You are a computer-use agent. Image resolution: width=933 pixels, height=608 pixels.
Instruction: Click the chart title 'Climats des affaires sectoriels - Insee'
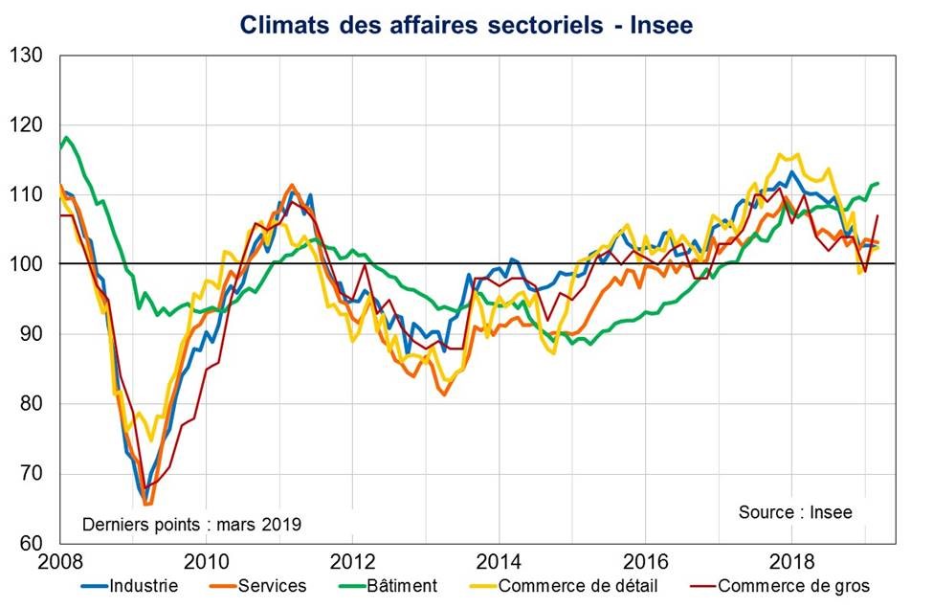click(466, 25)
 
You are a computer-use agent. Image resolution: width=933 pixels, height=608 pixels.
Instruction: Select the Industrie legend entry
click(144, 585)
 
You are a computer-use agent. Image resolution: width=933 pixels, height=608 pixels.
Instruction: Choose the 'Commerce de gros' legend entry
click(793, 585)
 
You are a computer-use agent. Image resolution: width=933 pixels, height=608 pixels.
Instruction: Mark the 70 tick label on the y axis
click(33, 474)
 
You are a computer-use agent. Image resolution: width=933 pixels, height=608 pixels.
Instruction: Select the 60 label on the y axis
click(33, 543)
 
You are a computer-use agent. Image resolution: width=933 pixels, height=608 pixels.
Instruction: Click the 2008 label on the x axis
click(59, 561)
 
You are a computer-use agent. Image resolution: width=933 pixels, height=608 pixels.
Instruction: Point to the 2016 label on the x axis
click(646, 561)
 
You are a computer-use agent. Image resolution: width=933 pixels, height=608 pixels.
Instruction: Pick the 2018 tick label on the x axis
click(792, 561)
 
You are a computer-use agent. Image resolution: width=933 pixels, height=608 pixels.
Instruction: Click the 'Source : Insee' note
click(794, 512)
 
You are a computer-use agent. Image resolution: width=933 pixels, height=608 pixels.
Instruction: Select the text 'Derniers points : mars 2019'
click(191, 524)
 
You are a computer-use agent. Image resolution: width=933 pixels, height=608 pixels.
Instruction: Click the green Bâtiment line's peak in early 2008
click(66, 138)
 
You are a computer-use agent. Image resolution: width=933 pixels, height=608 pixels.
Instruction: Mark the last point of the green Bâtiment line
click(878, 183)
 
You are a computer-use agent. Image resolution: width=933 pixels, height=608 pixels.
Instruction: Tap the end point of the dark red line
click(877, 215)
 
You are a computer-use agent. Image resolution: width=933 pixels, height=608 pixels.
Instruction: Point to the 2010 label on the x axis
click(206, 561)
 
